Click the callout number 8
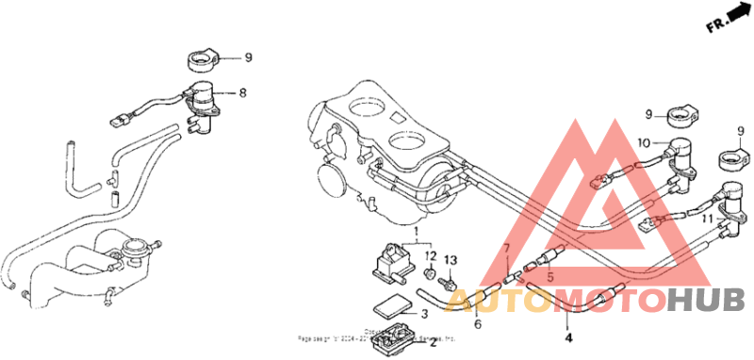[242, 92]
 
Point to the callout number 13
[450, 258]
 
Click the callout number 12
[429, 256]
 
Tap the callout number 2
[434, 342]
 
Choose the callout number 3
[424, 314]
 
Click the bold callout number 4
[567, 335]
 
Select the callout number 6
[477, 323]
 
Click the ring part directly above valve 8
[201, 60]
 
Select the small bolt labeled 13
[450, 280]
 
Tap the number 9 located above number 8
[249, 57]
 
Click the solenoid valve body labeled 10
[680, 150]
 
